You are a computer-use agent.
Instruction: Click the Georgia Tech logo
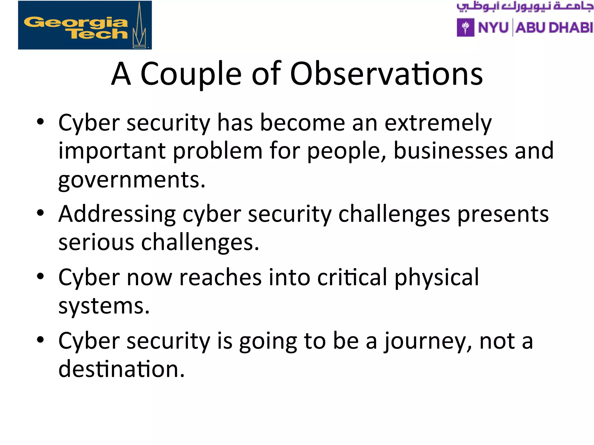coord(85,25)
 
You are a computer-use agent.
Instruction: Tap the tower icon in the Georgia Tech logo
coord(139,28)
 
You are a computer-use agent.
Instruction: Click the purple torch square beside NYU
coord(466,28)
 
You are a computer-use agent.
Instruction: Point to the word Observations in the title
coord(386,74)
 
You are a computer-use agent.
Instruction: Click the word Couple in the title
coord(191,74)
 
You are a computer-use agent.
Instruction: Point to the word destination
coord(121,369)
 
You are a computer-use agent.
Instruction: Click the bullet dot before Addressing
coord(40,213)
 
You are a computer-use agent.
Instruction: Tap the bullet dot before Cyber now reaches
coord(40,276)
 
